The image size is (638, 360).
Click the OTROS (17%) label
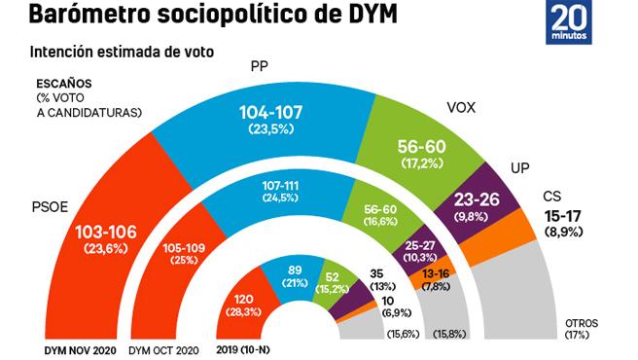582,329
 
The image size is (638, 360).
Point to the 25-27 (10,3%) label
420,250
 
